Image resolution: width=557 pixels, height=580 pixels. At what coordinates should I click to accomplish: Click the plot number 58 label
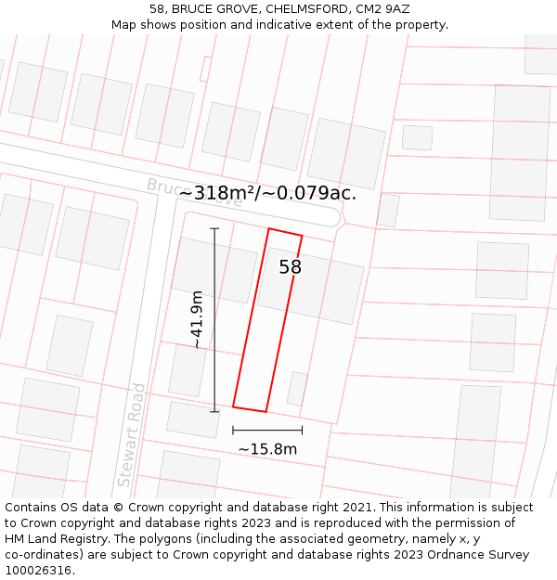(x=291, y=267)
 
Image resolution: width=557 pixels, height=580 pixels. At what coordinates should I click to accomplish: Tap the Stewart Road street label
(x=131, y=434)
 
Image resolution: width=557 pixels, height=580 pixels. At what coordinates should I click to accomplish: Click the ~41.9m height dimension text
(x=197, y=319)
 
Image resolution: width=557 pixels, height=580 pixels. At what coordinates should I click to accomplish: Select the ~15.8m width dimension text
(x=267, y=449)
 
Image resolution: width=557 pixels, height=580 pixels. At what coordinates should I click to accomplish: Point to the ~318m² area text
(x=223, y=193)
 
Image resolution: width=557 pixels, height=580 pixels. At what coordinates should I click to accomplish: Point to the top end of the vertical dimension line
(x=214, y=228)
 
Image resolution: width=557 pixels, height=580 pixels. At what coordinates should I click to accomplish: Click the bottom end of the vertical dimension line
(x=214, y=411)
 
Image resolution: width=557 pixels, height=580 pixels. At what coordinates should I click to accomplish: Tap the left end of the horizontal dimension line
(x=233, y=430)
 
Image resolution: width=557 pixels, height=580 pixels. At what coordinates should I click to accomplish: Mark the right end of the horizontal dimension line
(x=303, y=430)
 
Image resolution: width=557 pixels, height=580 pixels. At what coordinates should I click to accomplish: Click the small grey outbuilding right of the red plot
(x=297, y=388)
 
